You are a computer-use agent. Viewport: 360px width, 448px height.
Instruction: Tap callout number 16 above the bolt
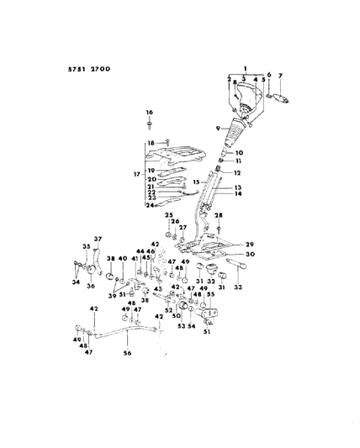point(150,112)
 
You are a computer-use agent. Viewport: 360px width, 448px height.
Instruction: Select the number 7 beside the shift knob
point(281,76)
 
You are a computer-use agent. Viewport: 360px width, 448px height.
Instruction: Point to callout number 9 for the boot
point(217,128)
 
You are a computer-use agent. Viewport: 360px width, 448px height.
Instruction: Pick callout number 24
point(150,205)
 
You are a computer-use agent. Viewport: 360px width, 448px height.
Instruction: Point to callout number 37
point(97,238)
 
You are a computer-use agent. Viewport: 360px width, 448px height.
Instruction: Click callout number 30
point(250,255)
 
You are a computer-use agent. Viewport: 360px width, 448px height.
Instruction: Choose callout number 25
point(168,215)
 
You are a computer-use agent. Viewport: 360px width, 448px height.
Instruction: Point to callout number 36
point(90,286)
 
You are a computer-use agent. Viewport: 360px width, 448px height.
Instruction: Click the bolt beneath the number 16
point(150,125)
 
